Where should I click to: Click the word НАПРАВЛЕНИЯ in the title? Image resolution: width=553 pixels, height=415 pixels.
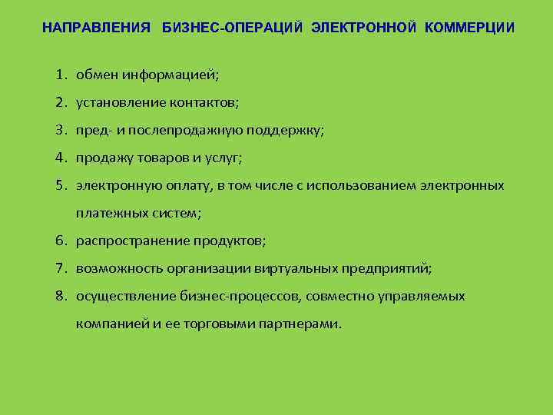click(96, 28)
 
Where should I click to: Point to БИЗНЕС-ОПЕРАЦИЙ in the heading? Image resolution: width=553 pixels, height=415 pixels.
click(233, 28)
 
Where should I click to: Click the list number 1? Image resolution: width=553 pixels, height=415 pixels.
click(60, 76)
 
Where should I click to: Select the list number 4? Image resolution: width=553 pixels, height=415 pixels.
click(60, 158)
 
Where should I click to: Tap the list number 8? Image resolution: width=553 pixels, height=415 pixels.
click(60, 296)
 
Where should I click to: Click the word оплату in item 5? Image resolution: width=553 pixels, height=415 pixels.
click(181, 186)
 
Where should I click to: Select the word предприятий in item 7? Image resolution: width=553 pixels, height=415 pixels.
click(389, 269)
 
